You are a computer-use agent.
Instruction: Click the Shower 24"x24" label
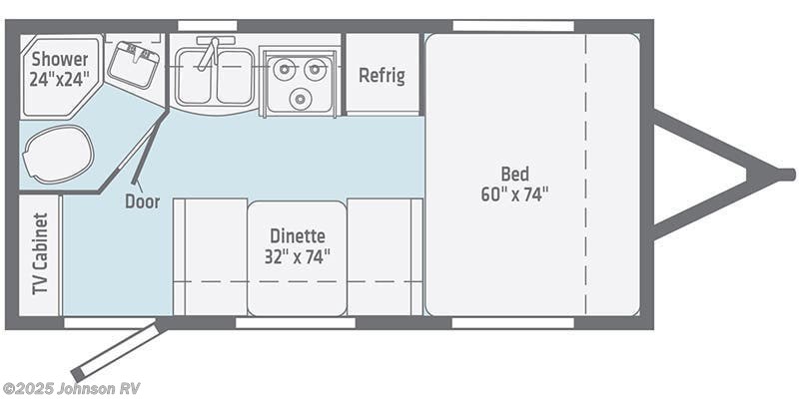tap(59, 67)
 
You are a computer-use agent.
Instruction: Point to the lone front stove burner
tap(302, 98)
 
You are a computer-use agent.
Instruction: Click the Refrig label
tap(382, 76)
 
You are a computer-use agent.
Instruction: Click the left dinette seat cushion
tap(210, 255)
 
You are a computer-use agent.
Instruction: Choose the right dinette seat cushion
tap(385, 255)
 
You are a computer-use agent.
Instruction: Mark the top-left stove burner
tap(285, 69)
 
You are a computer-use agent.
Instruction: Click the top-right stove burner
tap(317, 69)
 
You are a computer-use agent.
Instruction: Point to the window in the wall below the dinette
tap(296, 323)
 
